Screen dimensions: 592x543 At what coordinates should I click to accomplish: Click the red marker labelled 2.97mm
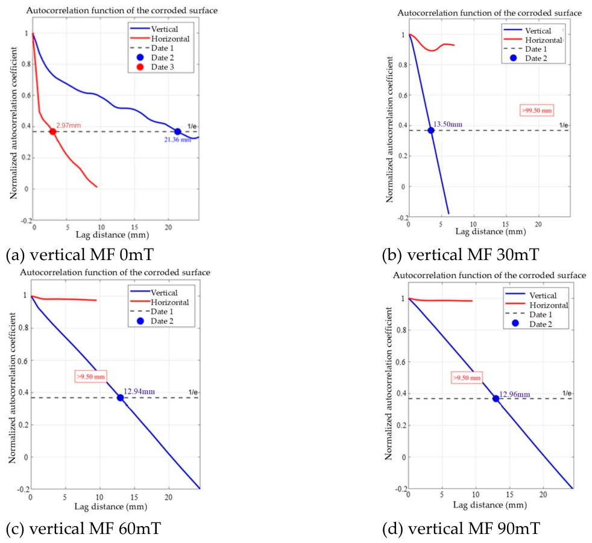pyautogui.click(x=53, y=132)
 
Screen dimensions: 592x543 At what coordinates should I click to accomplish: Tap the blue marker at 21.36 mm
pyautogui.click(x=177, y=132)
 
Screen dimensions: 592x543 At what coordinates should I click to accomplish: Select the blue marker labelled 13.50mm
pyautogui.click(x=431, y=131)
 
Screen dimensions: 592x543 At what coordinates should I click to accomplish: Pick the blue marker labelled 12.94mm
pyautogui.click(x=121, y=397)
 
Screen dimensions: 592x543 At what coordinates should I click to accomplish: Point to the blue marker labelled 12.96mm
pyautogui.click(x=496, y=399)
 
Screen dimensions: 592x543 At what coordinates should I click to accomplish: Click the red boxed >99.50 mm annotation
pyautogui.click(x=537, y=111)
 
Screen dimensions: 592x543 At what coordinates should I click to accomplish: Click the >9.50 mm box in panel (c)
pyautogui.click(x=90, y=376)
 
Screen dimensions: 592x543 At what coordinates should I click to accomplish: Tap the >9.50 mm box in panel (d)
pyautogui.click(x=467, y=378)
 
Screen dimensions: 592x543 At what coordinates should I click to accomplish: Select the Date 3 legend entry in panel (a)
pyautogui.click(x=155, y=67)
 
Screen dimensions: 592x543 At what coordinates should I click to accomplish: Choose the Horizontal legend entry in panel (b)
pyautogui.click(x=533, y=40)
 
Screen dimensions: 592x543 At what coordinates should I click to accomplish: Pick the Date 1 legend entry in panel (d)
pyautogui.click(x=529, y=314)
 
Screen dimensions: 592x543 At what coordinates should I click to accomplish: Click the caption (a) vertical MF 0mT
pyautogui.click(x=80, y=255)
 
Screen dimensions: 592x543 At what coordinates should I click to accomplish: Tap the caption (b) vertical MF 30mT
pyautogui.click(x=460, y=255)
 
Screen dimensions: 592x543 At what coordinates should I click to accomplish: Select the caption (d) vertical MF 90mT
pyautogui.click(x=461, y=529)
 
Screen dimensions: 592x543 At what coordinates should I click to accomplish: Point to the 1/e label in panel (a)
pyautogui.click(x=192, y=126)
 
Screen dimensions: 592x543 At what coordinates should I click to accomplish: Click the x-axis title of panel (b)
pyautogui.click(x=491, y=232)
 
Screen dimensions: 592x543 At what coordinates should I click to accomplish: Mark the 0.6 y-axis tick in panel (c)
pyautogui.click(x=23, y=361)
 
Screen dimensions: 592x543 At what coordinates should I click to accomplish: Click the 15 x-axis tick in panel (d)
pyautogui.click(x=509, y=494)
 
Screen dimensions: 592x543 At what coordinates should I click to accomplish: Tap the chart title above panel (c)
pyautogui.click(x=115, y=272)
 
